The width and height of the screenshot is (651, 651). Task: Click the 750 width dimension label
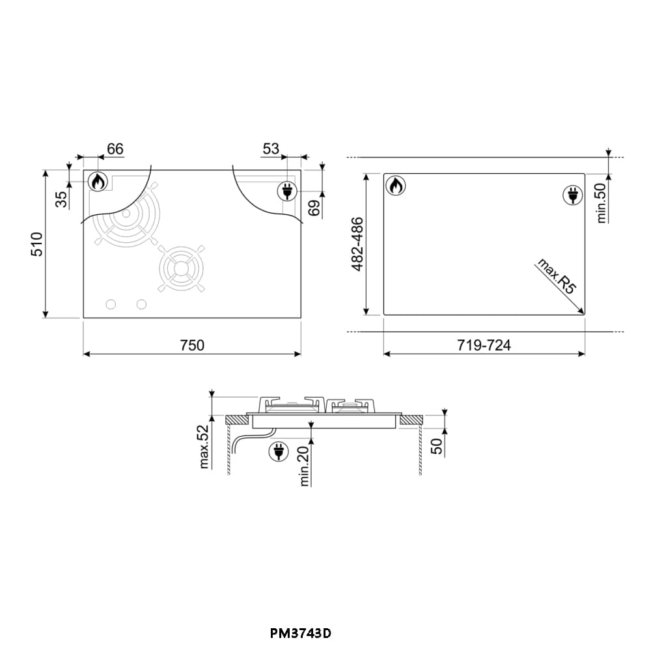tap(192, 345)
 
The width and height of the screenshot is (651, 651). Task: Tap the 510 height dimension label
tap(37, 244)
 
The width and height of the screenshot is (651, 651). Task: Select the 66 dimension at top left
tap(115, 148)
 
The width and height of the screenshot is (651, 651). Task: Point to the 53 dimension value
tap(271, 148)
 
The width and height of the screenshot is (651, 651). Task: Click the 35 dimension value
tap(61, 199)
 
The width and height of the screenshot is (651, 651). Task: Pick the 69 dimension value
tap(314, 208)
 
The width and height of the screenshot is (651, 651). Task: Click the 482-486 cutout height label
tap(357, 244)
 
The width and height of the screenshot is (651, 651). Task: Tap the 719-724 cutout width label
tap(484, 345)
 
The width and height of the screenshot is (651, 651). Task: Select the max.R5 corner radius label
tap(557, 275)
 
